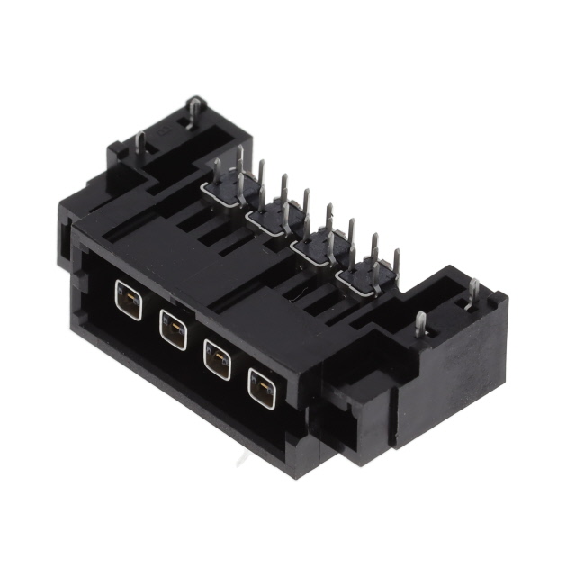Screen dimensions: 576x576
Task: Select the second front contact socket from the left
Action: pos(172,329)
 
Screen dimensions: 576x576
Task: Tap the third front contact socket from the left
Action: pos(217,359)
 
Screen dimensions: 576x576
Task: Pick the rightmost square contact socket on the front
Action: pos(261,387)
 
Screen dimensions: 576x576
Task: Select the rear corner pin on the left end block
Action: pos(192,112)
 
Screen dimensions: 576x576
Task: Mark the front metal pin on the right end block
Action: pos(420,324)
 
